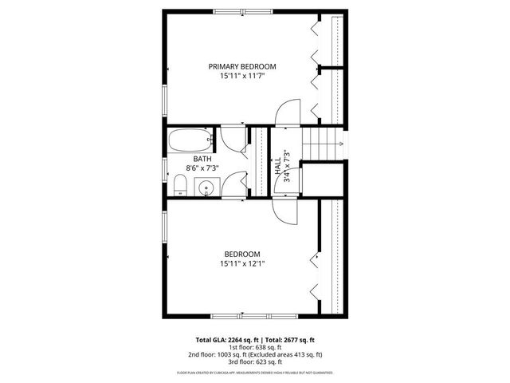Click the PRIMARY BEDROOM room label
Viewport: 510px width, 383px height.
click(242, 66)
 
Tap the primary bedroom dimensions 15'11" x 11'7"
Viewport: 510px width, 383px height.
click(242, 77)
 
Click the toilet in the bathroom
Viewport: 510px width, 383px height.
click(181, 186)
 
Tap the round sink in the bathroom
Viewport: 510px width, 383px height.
click(206, 188)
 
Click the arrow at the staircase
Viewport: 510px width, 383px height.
click(340, 144)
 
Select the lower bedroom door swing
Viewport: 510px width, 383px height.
click(284, 209)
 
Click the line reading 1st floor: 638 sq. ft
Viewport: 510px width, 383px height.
click(255, 347)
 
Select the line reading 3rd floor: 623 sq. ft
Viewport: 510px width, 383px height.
click(255, 361)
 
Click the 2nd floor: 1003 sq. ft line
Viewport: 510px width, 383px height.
click(255, 354)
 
